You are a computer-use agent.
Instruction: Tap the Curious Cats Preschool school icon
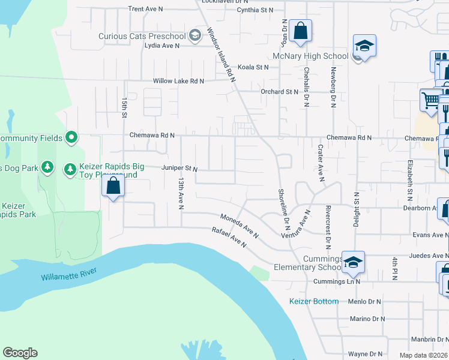point(194,36)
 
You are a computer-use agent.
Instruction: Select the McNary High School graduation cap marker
point(364,47)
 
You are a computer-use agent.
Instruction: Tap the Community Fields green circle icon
point(71,138)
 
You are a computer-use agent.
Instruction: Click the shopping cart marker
point(430,100)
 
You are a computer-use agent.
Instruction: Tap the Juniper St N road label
point(179,169)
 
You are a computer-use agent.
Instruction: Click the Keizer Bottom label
point(314,301)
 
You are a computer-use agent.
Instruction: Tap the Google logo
point(20,353)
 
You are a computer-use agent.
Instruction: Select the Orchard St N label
point(279,92)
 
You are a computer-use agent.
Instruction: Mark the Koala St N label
point(253,67)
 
